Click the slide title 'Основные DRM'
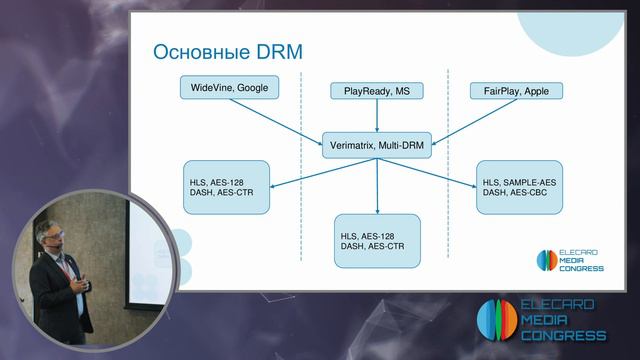tap(226, 51)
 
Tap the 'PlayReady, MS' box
tap(376, 91)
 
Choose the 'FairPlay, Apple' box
tap(516, 91)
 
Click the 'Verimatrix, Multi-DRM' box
tap(376, 146)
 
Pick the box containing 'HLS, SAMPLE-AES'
tap(519, 186)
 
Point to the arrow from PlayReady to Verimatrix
tap(376, 116)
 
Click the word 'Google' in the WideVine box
tap(252, 88)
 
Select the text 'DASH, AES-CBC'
tap(519, 193)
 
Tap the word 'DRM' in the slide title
tap(276, 51)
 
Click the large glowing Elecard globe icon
tap(495, 319)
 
